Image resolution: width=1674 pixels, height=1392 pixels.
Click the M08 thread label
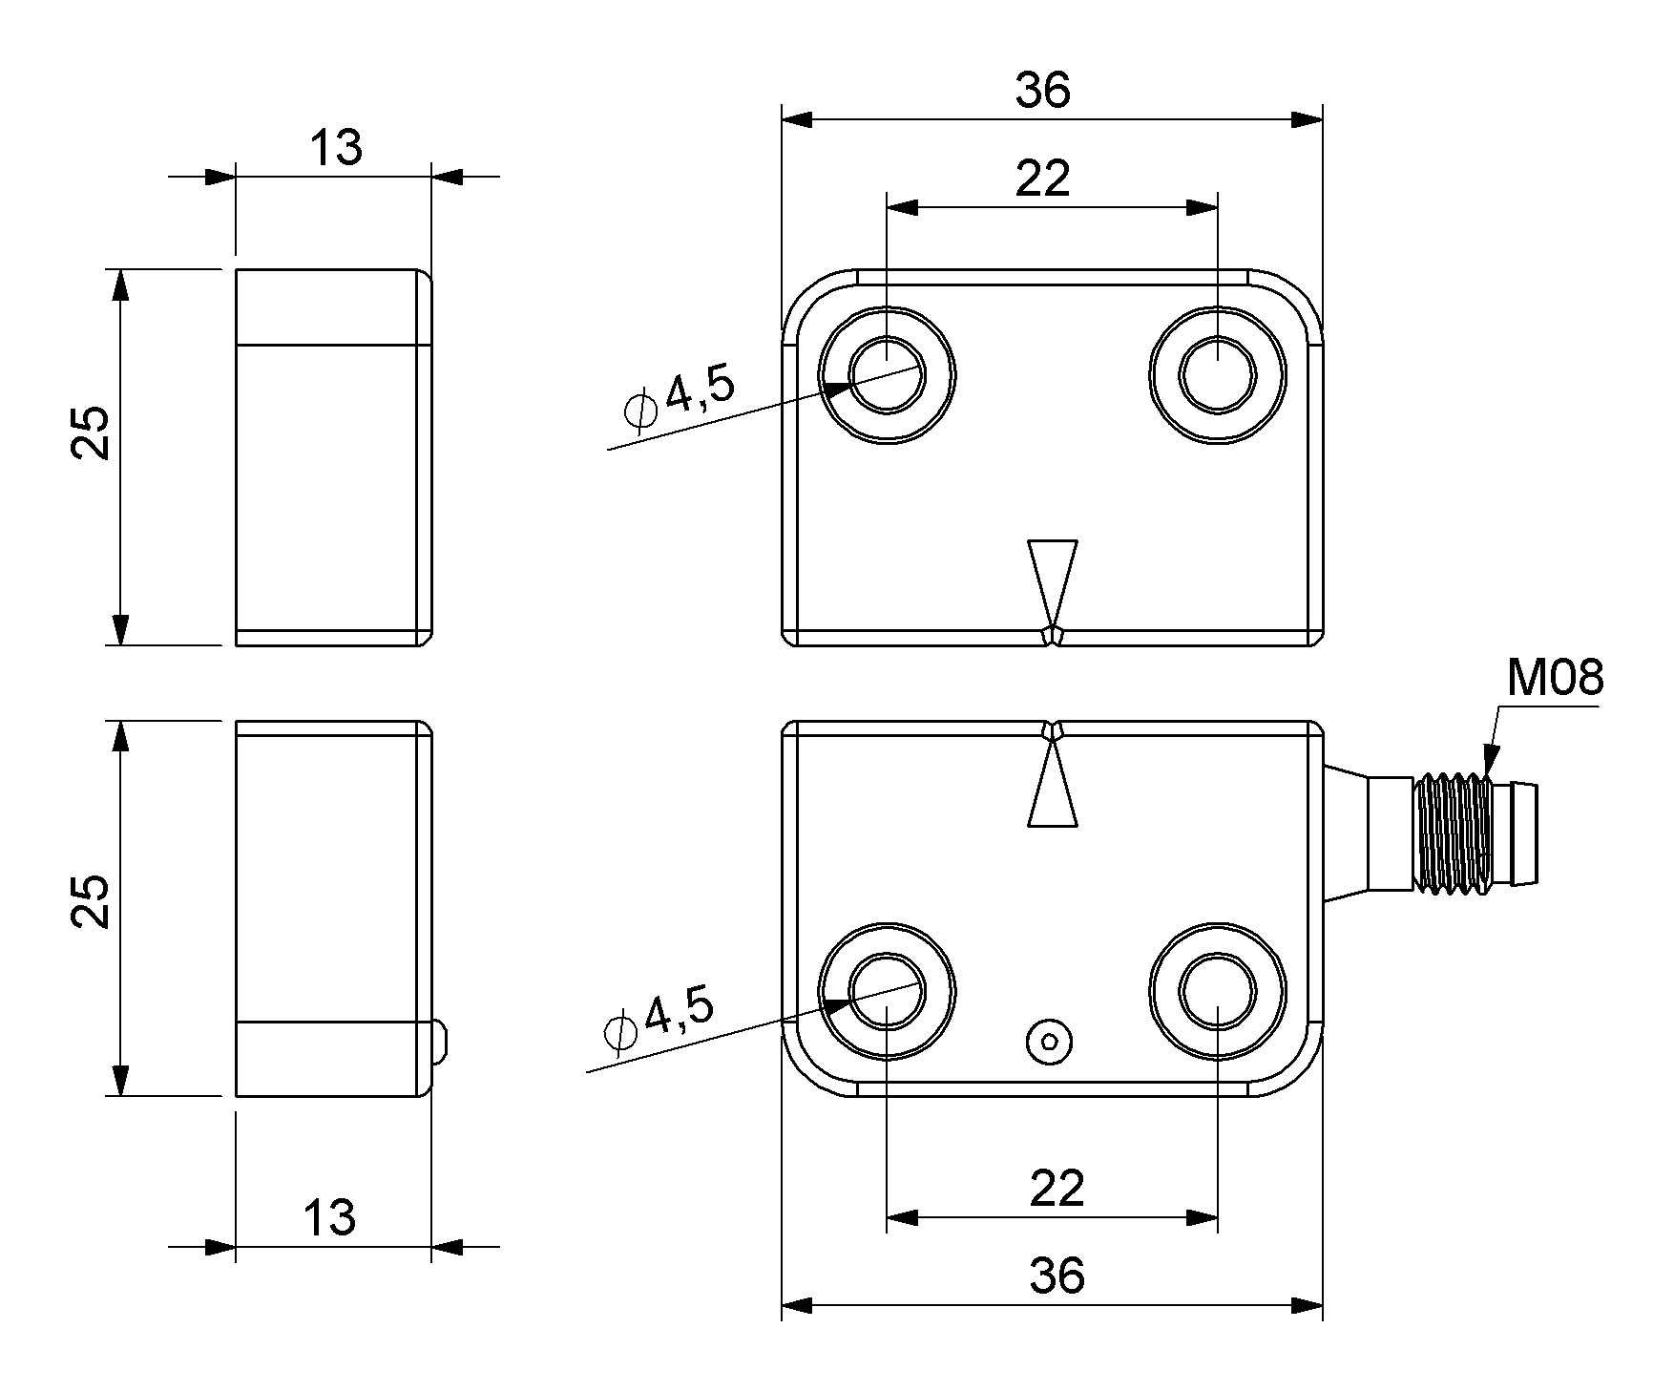pos(1555,679)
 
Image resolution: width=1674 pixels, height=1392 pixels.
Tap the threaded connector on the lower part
pos(1454,833)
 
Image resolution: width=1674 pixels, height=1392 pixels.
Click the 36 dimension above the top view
pos(1043,91)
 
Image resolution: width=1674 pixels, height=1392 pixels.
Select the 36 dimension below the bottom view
pos(1057,1276)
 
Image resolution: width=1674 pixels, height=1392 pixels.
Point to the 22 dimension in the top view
pos(1043,179)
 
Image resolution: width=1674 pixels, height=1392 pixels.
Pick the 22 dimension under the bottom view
pos(1057,1189)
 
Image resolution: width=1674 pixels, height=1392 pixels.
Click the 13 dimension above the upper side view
pos(336,148)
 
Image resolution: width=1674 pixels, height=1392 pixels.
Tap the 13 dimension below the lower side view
pos(330,1218)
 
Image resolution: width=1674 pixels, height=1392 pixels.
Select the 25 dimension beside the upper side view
pos(93,433)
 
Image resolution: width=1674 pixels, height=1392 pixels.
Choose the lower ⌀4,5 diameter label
pos(659,1019)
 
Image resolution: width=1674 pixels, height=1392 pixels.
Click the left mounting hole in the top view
pos(888,375)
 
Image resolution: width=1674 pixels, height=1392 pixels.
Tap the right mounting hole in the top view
pos(1218,375)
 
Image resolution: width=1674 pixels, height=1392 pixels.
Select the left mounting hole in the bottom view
pos(888,990)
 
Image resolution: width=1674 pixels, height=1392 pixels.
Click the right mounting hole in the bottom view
pos(1218,990)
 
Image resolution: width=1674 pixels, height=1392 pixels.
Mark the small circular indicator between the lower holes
pos(1050,1042)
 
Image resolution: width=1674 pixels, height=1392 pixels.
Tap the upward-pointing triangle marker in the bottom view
pos(1053,789)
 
